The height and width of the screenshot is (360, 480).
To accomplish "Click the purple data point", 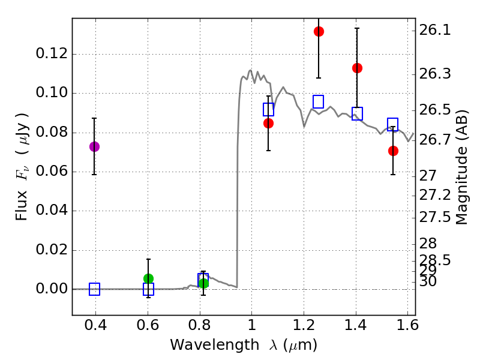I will coord(94,146).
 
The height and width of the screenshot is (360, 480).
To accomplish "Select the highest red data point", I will coord(319,31).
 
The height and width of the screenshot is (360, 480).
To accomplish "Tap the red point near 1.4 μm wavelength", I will coord(357,68).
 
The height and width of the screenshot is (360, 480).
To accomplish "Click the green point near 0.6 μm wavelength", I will coord(148,278).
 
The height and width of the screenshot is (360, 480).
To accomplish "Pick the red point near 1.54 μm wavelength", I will coord(393,151).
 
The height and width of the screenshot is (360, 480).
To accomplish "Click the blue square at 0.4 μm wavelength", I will coord(94,289).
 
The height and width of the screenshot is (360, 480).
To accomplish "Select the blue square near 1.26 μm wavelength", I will coord(319,101).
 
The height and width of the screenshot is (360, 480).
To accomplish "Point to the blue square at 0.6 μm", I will coord(148,289).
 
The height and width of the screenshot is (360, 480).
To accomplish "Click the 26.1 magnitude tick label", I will coord(437,29).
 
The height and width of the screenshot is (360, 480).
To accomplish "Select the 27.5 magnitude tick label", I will coord(437,217).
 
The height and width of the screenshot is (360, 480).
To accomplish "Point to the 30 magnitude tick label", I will coord(431,281).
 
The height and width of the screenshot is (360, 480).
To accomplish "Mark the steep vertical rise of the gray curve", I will coord(238,180).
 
